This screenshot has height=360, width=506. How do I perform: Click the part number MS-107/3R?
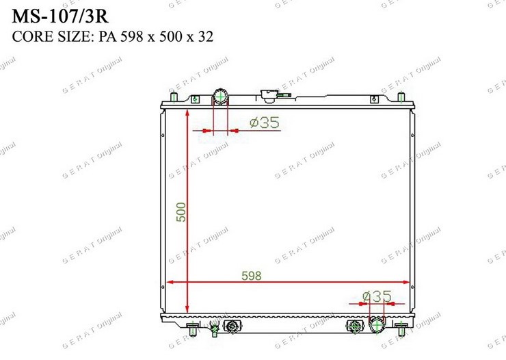[x=60, y=16]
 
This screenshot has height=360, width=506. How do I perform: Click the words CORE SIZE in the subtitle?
[x=52, y=36]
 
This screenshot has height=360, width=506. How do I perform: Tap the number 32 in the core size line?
[x=206, y=36]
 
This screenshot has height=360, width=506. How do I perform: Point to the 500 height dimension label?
[x=181, y=212]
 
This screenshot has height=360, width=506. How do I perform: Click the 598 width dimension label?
[x=252, y=276]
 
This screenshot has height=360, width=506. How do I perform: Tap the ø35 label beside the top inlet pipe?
[x=265, y=123]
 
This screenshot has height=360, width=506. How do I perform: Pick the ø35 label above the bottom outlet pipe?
[x=377, y=296]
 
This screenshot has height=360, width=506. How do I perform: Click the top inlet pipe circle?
[x=220, y=97]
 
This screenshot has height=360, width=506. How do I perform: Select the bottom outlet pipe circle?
[x=377, y=325]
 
